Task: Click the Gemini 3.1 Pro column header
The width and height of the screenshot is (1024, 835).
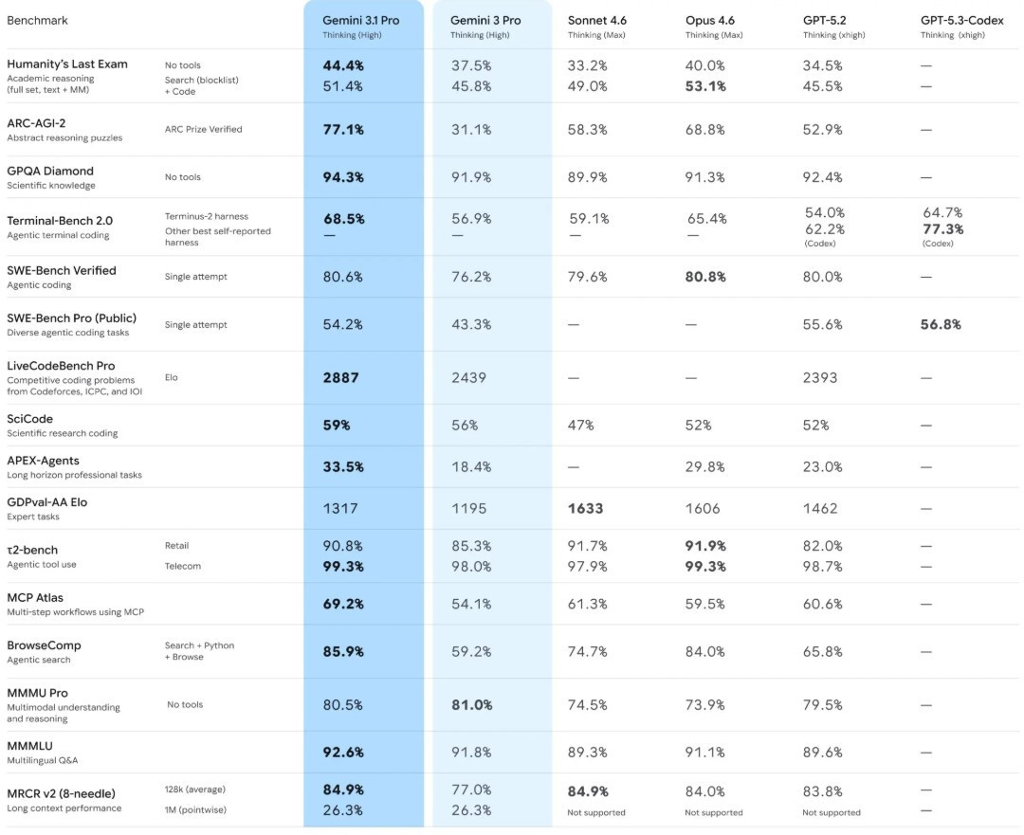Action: [x=360, y=20]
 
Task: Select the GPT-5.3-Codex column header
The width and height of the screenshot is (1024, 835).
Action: [x=961, y=20]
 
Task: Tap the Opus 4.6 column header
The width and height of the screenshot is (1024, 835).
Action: [x=710, y=20]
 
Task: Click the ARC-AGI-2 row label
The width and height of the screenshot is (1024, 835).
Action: [x=36, y=122]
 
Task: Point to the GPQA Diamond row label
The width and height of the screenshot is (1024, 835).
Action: [x=50, y=171]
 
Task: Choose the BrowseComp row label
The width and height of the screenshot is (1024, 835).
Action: [x=44, y=644]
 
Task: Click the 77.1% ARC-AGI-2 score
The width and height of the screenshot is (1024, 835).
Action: [x=344, y=130]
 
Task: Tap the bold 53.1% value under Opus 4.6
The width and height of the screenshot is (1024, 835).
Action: [x=705, y=86]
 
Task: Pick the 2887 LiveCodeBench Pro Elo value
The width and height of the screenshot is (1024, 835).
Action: [x=341, y=377]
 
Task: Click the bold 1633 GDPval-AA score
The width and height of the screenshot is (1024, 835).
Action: [x=585, y=508]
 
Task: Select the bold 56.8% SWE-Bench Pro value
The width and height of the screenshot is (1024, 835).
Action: [x=941, y=324]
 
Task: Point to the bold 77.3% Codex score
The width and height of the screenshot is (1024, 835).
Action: [x=942, y=229]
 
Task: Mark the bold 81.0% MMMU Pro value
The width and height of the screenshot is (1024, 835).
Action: [x=471, y=704]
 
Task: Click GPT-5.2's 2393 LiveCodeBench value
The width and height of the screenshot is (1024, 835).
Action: [x=820, y=377]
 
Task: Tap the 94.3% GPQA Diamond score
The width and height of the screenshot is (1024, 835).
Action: [x=344, y=177]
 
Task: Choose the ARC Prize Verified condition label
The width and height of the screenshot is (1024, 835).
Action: [x=203, y=129]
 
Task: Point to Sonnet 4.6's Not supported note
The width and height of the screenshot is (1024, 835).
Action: [x=596, y=812]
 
